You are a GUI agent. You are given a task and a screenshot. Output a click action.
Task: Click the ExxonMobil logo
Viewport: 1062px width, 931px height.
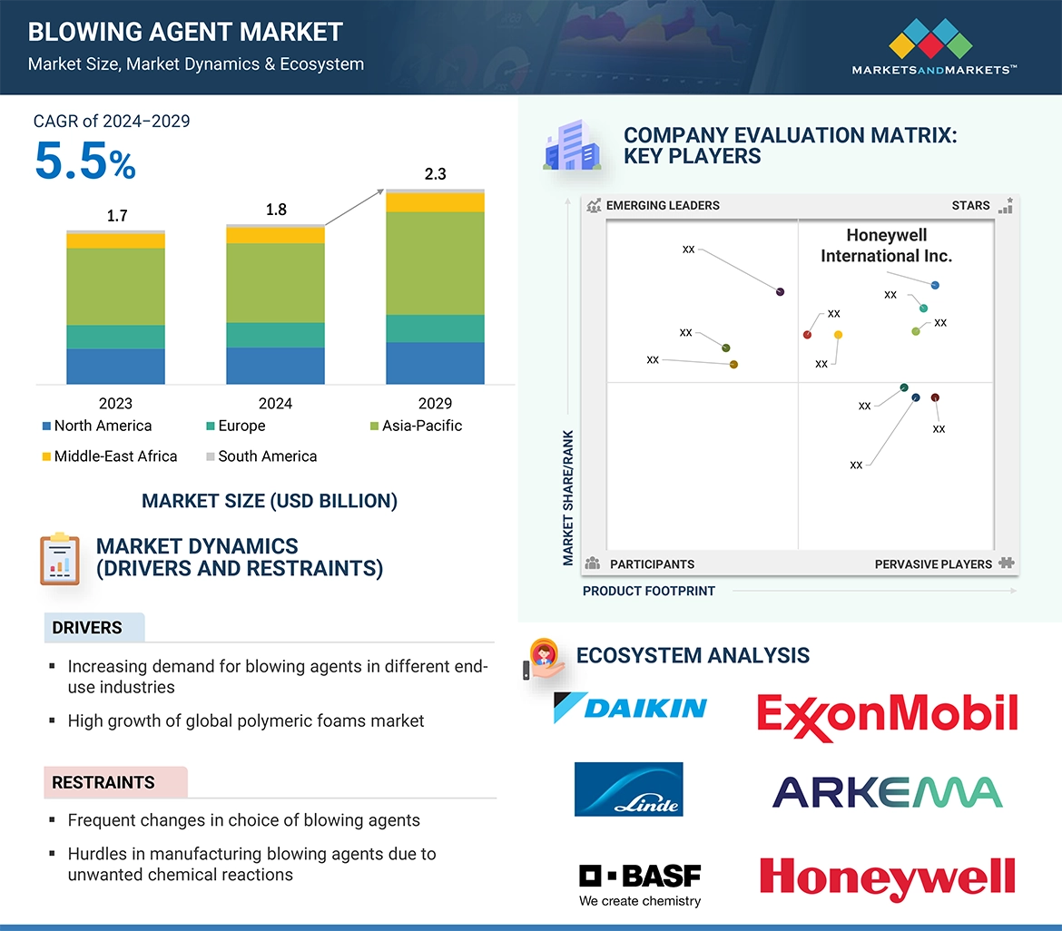pos(887,714)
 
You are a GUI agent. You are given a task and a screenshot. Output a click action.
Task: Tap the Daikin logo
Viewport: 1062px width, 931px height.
pos(630,708)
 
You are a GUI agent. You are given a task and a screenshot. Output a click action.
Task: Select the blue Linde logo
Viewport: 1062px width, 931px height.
pos(628,789)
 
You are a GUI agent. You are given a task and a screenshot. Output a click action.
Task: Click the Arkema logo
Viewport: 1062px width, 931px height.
pos(887,792)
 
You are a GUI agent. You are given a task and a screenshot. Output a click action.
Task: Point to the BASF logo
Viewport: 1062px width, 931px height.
pos(640,883)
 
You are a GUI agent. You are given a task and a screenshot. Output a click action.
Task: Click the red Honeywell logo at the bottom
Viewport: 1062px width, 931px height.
pos(887,877)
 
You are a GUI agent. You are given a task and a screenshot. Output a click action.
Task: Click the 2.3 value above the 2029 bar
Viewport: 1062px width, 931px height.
pos(435,174)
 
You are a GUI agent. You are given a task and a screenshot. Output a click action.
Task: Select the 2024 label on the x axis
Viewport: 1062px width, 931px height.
pos(275,404)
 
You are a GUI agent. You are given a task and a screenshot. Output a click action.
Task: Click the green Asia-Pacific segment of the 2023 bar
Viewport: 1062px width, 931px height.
pos(115,286)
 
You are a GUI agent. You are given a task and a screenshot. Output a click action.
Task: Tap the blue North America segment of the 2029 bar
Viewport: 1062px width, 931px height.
pos(435,363)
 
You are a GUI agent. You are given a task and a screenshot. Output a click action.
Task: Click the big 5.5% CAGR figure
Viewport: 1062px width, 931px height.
pos(85,162)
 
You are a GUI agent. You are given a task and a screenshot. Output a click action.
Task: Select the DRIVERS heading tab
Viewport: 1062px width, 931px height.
pos(87,628)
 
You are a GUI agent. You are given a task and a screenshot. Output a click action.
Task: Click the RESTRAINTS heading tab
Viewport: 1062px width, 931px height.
pos(103,782)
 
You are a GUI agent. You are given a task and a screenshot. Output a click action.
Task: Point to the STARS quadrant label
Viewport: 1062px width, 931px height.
pos(970,205)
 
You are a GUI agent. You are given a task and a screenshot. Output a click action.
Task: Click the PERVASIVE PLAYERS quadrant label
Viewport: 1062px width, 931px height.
pos(933,564)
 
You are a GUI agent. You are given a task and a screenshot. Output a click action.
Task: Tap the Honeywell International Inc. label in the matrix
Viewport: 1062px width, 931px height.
pos(886,246)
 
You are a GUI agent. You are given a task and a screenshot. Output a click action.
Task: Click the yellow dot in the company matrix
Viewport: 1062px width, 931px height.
pos(838,335)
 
